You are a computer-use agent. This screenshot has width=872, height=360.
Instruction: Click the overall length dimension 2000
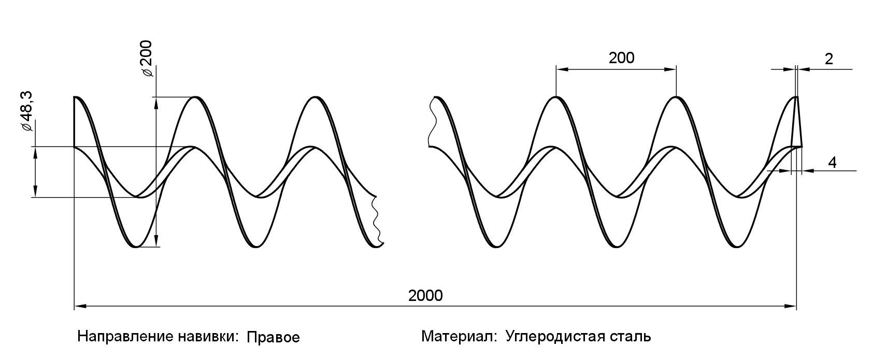coord(425,296)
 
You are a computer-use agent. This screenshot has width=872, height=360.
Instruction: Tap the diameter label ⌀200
coord(147,58)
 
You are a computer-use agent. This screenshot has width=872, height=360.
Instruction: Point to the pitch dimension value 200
coord(621,58)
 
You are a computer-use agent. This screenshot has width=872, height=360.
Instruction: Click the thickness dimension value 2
coord(828,59)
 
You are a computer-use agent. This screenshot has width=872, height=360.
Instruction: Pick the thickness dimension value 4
coord(832,163)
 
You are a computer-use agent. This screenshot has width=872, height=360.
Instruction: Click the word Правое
coord(273,338)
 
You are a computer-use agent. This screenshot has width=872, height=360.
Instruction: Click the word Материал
coord(459,337)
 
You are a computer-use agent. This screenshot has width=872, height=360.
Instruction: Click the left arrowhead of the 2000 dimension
coord(79,307)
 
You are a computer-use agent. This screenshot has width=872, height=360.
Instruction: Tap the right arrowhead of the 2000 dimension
coord(792,307)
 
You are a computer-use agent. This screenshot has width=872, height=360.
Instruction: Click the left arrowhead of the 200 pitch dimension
coord(561,68)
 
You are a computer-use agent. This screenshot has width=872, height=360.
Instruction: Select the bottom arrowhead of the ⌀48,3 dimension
coord(35,193)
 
